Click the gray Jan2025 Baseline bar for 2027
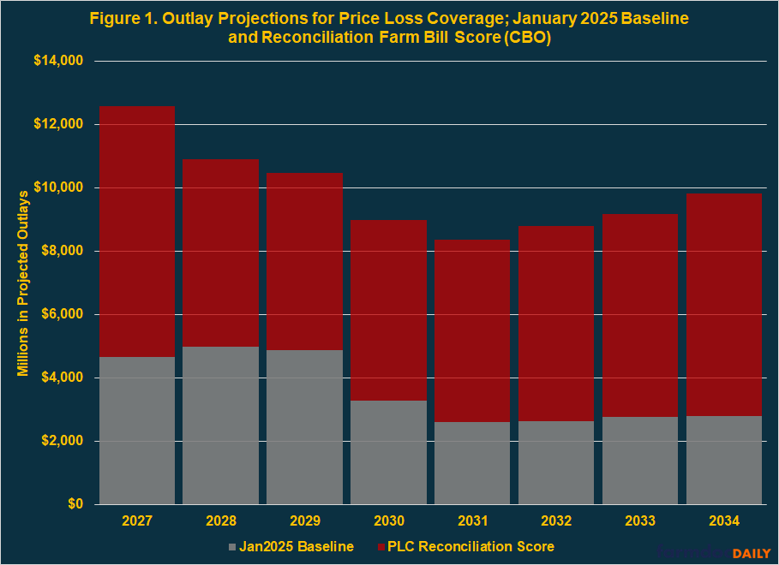(137, 431)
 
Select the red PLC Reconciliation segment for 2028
(221, 253)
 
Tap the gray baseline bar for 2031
(472, 463)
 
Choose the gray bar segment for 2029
(305, 427)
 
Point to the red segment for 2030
(388, 311)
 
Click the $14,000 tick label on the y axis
(59, 62)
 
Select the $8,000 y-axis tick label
(63, 252)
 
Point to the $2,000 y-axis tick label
(63, 442)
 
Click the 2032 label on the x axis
(556, 521)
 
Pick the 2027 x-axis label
(137, 521)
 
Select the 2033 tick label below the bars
(640, 521)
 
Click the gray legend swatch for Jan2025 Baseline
(233, 546)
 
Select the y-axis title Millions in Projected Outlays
(23, 282)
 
